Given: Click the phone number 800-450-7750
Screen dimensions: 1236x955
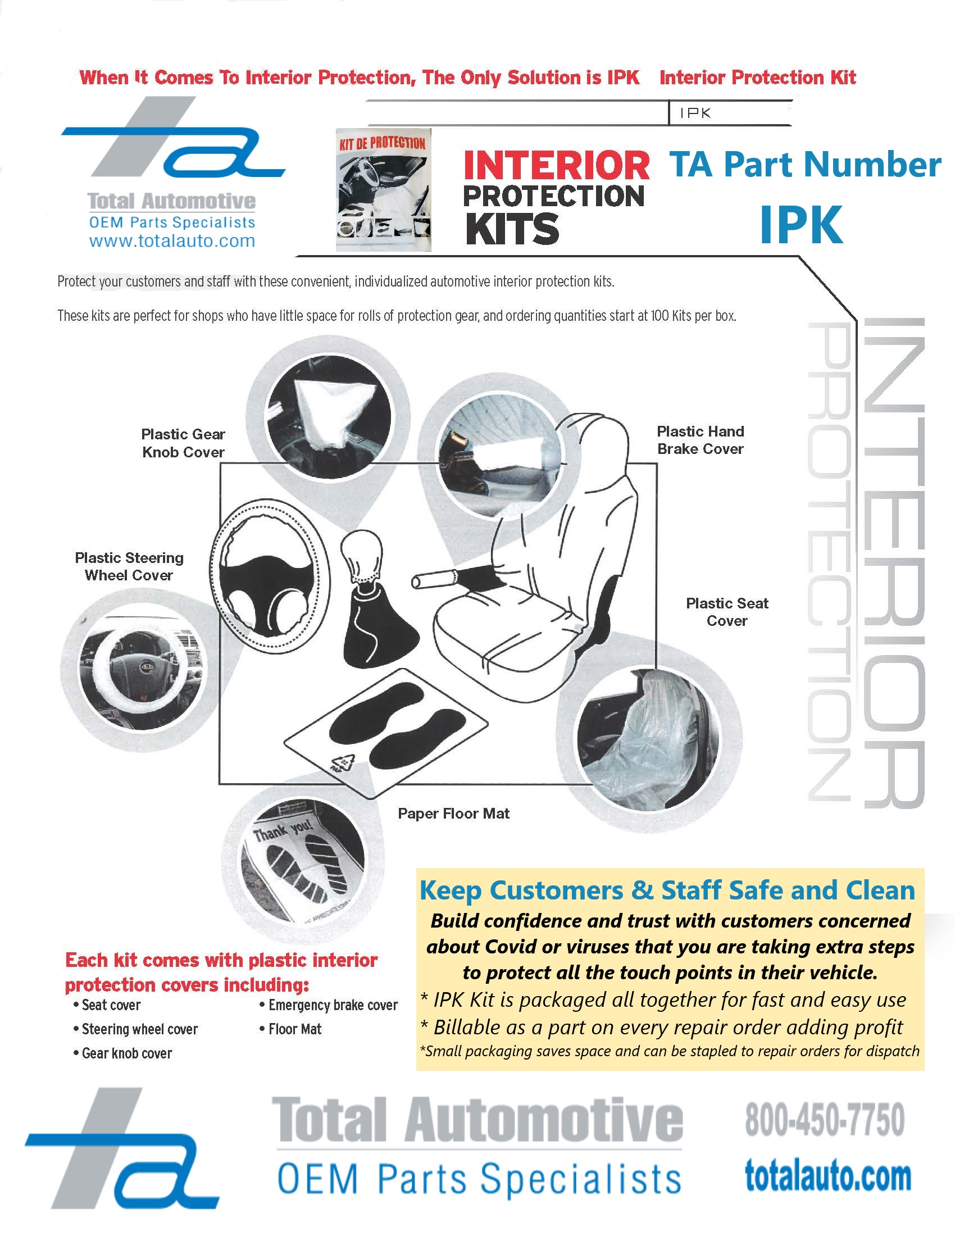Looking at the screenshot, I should point(824,1119).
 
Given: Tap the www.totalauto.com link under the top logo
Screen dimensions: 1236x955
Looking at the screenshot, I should point(172,241).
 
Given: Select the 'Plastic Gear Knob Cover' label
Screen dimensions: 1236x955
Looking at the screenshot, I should point(183,443).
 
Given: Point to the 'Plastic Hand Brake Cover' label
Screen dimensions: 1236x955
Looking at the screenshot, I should point(701,440).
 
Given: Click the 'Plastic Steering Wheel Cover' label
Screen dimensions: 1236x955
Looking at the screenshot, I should point(129,566).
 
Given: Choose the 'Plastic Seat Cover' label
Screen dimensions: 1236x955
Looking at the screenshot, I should point(727,612).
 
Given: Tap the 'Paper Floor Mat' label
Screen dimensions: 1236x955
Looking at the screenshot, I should point(453,814).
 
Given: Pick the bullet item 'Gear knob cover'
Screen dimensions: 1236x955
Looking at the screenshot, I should point(127,1053).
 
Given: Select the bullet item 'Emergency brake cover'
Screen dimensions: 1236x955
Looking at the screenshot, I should point(333,1005).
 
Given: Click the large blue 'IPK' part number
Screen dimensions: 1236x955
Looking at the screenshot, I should point(801,225).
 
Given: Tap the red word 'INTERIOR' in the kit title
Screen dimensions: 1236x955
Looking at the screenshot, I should point(556,165).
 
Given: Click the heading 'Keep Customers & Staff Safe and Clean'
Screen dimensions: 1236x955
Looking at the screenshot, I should point(667,890).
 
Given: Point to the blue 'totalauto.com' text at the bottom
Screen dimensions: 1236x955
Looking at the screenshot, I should point(827,1176).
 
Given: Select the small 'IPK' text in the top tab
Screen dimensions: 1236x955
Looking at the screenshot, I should point(695,113).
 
